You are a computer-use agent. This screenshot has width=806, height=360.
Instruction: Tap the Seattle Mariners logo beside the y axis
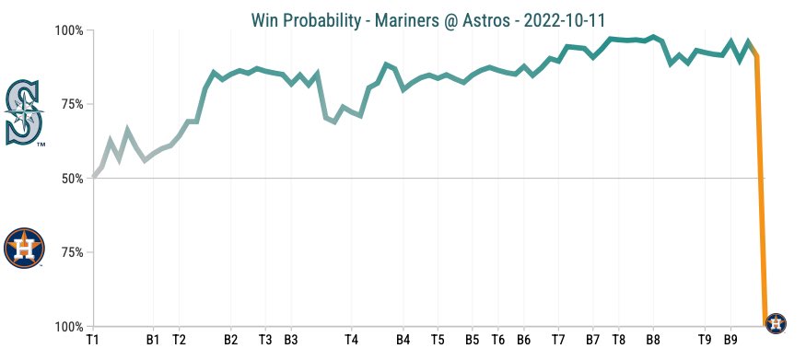(24, 113)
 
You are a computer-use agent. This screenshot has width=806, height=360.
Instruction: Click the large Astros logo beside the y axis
(24, 248)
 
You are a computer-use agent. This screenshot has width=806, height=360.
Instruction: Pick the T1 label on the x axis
(92, 340)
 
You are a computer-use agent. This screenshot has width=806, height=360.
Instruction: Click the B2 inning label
(230, 340)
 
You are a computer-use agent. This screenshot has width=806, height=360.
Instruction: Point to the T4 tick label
(351, 340)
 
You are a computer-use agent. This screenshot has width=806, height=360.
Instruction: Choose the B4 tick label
(403, 340)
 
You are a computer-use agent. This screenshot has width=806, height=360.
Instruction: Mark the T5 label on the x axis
(438, 340)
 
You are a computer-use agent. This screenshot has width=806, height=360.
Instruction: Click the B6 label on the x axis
(523, 340)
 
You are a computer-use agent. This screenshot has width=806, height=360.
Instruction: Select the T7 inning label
(558, 340)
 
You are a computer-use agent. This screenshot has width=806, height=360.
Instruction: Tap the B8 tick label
(653, 340)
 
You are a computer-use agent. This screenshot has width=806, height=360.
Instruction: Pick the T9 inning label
(705, 340)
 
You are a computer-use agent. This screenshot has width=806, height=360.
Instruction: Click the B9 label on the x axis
(730, 340)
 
